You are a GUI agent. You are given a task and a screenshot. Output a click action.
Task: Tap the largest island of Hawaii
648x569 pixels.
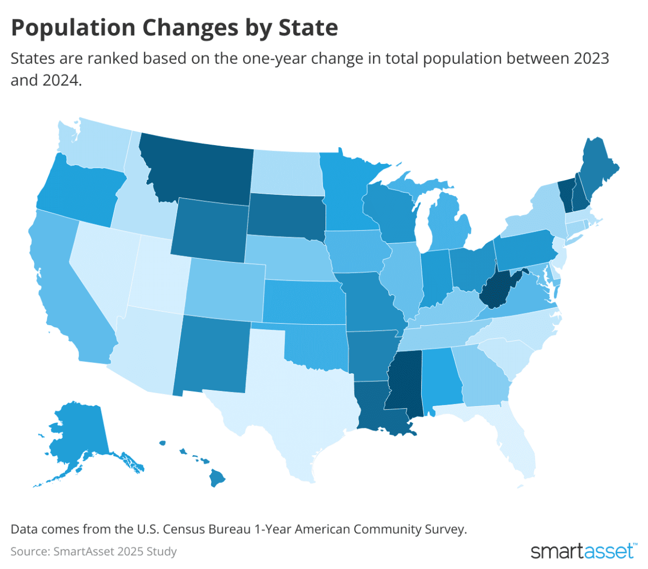pyautogui.click(x=218, y=478)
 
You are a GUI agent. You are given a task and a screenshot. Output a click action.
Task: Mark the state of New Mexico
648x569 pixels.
pyautogui.click(x=213, y=354)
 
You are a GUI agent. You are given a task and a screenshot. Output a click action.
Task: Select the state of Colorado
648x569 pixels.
pyautogui.click(x=225, y=288)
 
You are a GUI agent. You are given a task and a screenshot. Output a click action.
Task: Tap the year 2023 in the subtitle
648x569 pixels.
pyautogui.click(x=591, y=58)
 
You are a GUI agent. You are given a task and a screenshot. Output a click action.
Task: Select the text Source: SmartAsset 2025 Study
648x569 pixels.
pyautogui.click(x=94, y=551)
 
